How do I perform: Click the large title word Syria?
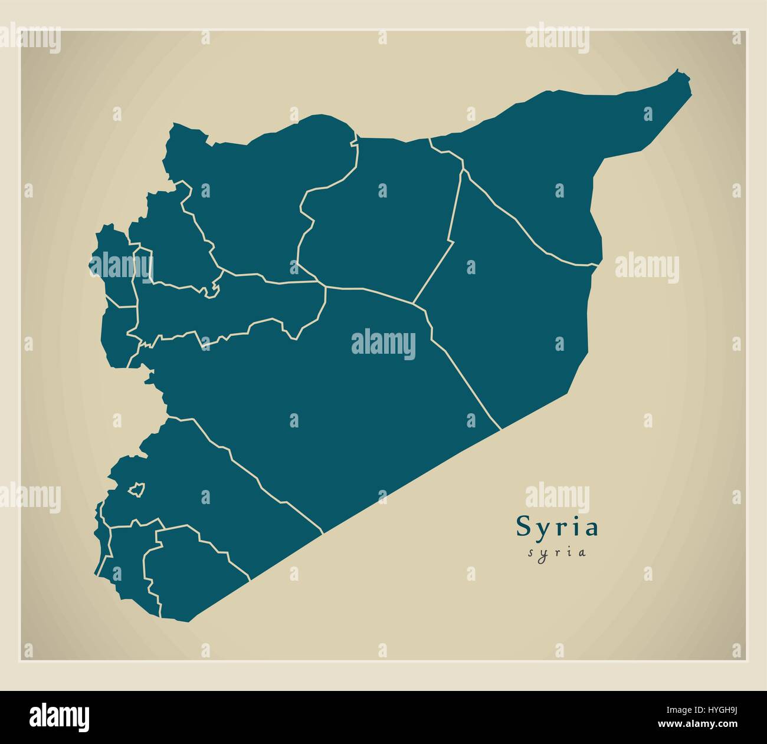point(558,526)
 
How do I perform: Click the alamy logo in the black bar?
point(60,716)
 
